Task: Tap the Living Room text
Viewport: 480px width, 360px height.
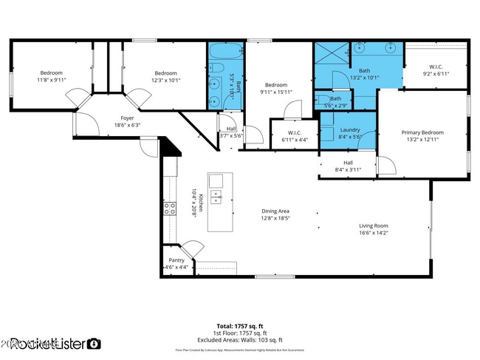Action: pyautogui.click(x=373, y=226)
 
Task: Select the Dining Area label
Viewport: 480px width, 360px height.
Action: pyautogui.click(x=275, y=211)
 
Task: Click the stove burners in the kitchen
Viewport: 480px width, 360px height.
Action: pyautogui.click(x=169, y=208)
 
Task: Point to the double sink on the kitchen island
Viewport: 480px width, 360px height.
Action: pyautogui.click(x=216, y=196)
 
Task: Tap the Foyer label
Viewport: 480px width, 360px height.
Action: pyautogui.click(x=127, y=118)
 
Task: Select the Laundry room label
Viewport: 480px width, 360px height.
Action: pyautogui.click(x=349, y=129)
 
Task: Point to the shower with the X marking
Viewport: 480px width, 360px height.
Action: pyautogui.click(x=331, y=56)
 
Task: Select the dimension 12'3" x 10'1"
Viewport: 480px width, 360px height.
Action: pyautogui.click(x=165, y=80)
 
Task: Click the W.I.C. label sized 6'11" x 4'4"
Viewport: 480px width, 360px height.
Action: pyautogui.click(x=288, y=137)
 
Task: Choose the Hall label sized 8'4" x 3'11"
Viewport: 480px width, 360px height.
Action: pyautogui.click(x=348, y=166)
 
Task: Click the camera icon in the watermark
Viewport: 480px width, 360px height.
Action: pyautogui.click(x=94, y=343)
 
